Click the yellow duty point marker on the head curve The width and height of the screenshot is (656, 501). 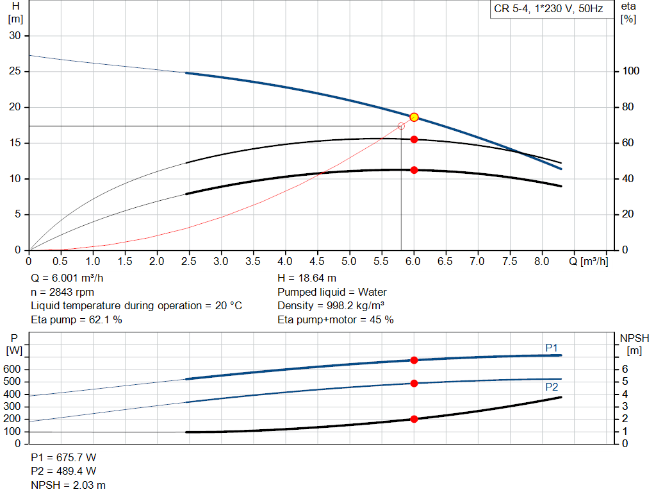(x=414, y=117)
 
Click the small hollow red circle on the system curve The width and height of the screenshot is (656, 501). (x=401, y=126)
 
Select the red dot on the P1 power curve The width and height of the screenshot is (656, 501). (x=414, y=361)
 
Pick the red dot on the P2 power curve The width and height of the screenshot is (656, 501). (x=414, y=383)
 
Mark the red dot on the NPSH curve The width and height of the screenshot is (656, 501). (x=414, y=419)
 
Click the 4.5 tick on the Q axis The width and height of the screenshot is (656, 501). (x=317, y=262)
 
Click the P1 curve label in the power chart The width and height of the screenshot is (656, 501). (x=552, y=348)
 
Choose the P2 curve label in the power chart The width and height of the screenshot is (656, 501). (x=552, y=387)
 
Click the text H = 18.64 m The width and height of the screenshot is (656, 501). (x=306, y=278)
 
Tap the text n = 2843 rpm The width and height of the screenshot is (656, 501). (x=63, y=292)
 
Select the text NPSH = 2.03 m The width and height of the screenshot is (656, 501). (x=69, y=485)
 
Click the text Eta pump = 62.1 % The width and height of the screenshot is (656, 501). (x=76, y=319)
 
